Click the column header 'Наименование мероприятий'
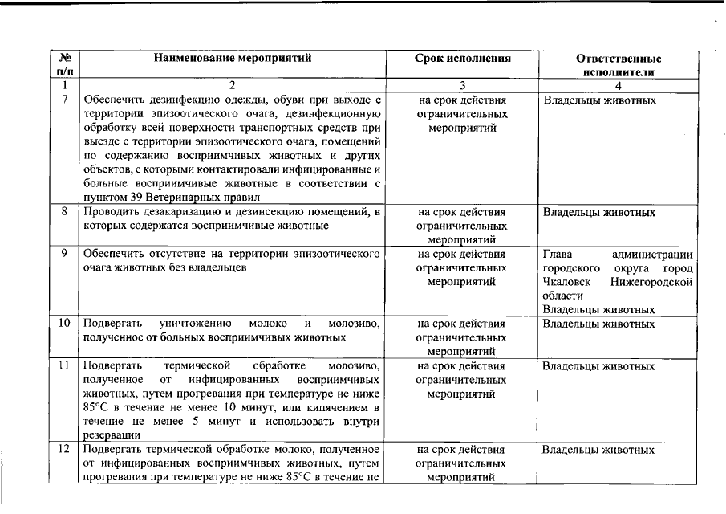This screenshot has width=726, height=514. tap(233, 59)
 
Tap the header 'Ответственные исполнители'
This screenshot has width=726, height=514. tap(618, 65)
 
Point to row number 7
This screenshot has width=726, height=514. tap(65, 100)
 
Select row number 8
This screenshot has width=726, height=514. tap(65, 213)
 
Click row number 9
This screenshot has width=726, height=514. tap(65, 255)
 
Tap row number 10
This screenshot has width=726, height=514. tap(65, 324)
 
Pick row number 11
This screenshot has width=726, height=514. tap(65, 366)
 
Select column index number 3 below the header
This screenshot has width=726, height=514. tap(462, 85)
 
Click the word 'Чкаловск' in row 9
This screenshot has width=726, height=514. tap(566, 282)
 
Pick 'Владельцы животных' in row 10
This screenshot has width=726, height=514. tap(598, 324)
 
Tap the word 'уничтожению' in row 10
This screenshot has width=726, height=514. tap(197, 324)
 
